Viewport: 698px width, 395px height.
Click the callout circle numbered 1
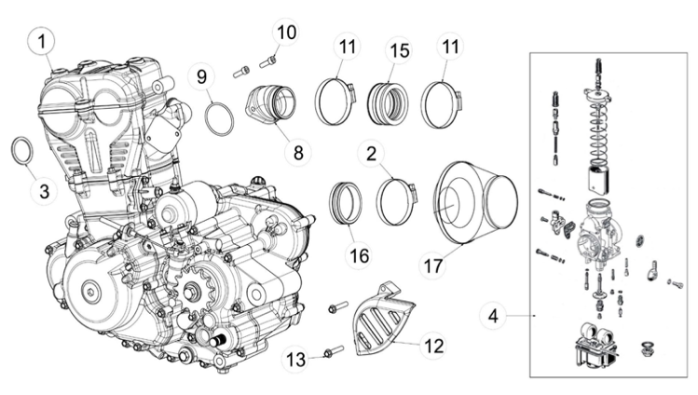coord(42,42)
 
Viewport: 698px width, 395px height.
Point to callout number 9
coord(201,77)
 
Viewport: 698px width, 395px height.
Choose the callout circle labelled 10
coord(285,34)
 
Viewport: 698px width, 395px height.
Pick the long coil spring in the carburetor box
coord(597,130)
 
